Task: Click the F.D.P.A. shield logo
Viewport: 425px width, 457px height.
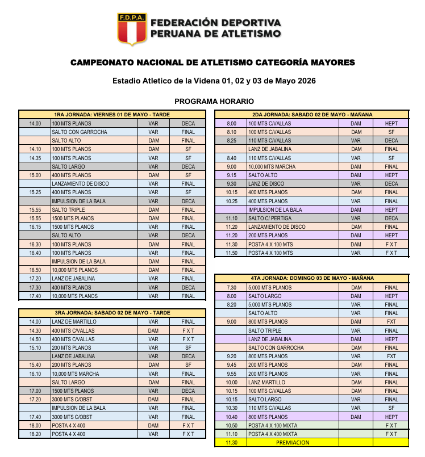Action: pos(132,28)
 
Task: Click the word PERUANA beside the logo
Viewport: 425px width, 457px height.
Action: pos(174,33)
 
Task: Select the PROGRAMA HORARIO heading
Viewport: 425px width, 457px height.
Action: pos(214,101)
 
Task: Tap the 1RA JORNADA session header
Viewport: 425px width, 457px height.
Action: pos(113,115)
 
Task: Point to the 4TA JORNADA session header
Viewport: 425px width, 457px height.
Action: pos(311,279)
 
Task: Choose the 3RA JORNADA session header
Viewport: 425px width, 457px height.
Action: pos(113,313)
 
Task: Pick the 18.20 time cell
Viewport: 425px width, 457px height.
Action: pos(35,434)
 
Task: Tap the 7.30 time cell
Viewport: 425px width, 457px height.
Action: pos(231,288)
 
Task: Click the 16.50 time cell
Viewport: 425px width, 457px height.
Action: pos(35,270)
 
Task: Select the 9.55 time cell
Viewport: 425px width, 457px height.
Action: pos(231,374)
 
